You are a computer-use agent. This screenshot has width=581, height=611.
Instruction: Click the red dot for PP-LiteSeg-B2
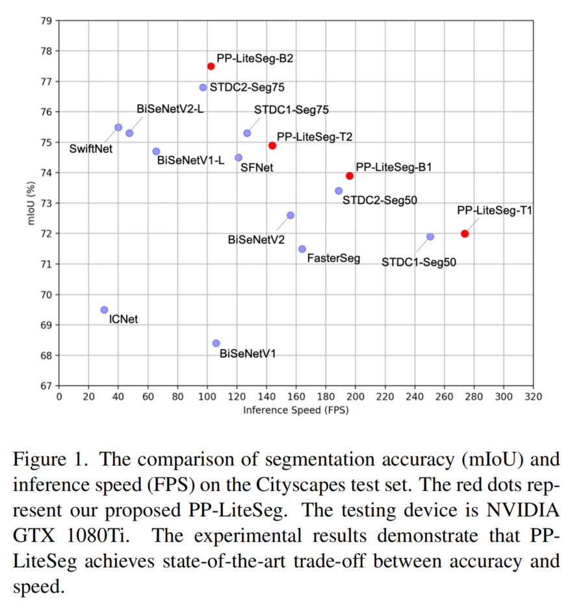[x=211, y=66]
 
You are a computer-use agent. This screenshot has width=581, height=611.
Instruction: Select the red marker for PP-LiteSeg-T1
[x=465, y=233]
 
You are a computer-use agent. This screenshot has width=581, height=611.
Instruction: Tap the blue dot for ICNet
[x=104, y=310]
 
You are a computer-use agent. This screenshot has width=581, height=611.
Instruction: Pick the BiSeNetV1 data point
[x=216, y=343]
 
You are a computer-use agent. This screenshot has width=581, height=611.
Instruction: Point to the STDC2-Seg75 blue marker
[x=203, y=87]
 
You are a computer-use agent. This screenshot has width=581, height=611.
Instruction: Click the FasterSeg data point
[x=302, y=249]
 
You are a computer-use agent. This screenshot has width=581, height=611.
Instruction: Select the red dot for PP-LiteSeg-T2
[x=272, y=145]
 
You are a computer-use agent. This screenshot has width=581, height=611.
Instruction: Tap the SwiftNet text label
[x=90, y=149]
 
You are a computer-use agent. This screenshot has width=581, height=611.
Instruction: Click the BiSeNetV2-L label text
[x=170, y=108]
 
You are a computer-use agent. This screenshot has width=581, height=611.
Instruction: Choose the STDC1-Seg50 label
[x=419, y=262]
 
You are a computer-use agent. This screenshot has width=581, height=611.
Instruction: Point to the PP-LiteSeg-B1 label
[x=394, y=167]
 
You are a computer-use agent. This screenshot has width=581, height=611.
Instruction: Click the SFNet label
[x=257, y=168]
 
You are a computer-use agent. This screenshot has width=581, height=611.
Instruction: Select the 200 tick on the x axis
[x=355, y=397]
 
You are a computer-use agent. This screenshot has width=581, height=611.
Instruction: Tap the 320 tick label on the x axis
[x=533, y=397]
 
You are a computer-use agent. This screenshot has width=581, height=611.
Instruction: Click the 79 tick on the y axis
[x=46, y=21]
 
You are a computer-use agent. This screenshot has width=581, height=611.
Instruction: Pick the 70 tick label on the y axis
[x=46, y=295]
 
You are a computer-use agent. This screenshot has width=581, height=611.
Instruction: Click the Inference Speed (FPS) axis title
[x=296, y=410]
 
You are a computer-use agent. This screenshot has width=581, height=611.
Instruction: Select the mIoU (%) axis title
[x=31, y=203]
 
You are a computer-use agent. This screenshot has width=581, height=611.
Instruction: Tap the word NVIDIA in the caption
[x=523, y=510]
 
